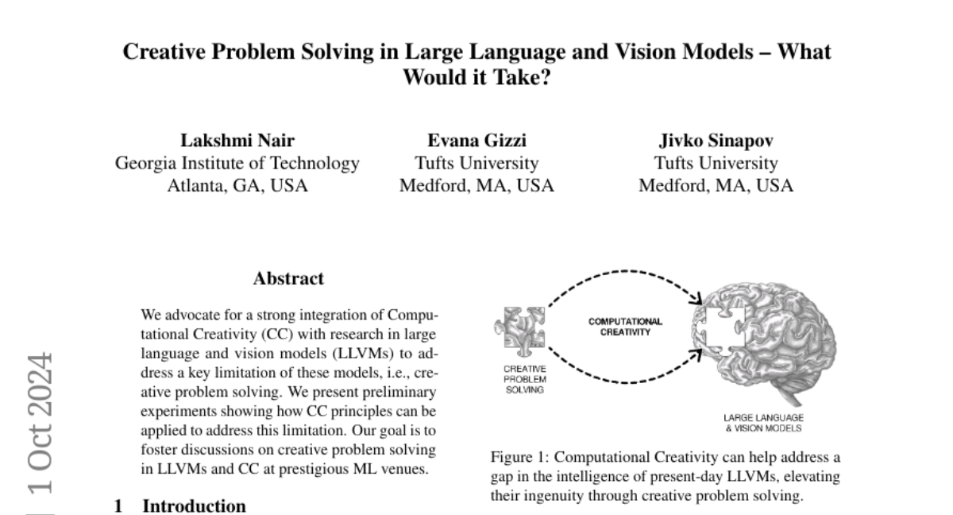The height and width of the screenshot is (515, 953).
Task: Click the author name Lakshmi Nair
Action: (x=237, y=141)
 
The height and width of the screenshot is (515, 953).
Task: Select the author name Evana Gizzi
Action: (x=476, y=141)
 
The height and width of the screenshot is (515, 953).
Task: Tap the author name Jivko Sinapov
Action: (x=716, y=141)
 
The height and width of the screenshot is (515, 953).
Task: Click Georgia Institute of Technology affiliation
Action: (x=237, y=164)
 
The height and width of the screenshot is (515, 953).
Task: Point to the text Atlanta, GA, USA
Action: (x=237, y=186)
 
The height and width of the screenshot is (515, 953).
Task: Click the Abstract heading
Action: (x=288, y=279)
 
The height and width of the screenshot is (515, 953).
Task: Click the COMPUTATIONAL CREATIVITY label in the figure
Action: (x=625, y=327)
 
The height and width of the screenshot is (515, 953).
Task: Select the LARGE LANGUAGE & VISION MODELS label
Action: (x=762, y=422)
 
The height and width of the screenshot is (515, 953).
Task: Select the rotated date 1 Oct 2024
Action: (x=41, y=422)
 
